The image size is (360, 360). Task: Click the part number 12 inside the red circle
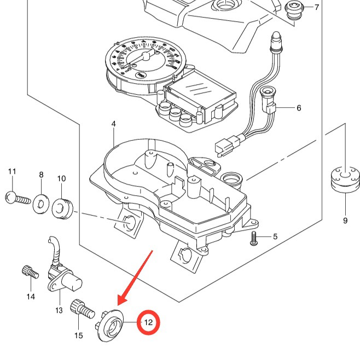point(148,323)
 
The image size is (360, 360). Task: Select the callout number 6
point(299,108)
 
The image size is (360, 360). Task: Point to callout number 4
point(114,124)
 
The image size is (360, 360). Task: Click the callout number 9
point(345,220)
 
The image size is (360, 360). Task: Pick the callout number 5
point(275,237)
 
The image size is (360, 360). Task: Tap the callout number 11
point(12,172)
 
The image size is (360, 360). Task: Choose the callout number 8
point(41,175)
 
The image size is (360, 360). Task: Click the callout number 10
point(61,178)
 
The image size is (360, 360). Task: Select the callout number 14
point(30,297)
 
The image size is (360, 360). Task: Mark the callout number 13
point(59,310)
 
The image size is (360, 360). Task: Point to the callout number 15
point(79,335)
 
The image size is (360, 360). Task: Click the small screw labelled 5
point(254,239)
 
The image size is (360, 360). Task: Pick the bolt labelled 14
point(28,271)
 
